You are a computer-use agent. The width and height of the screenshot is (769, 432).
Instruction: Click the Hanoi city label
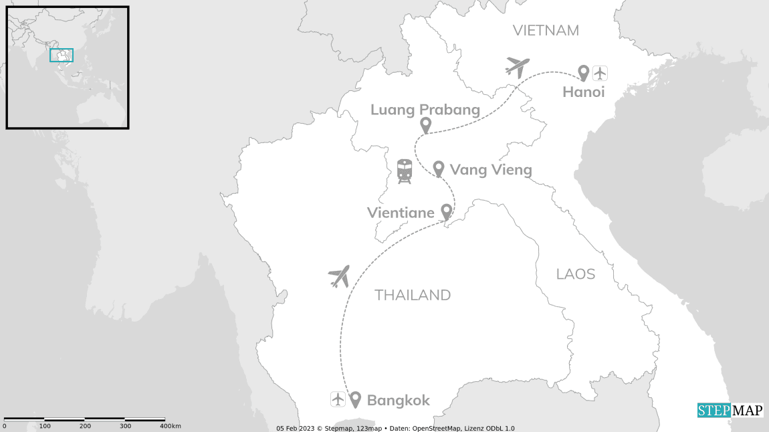click(x=583, y=92)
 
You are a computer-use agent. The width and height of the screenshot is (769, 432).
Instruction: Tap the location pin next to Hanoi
click(x=583, y=72)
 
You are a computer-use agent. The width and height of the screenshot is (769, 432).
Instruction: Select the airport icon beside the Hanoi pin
click(x=600, y=72)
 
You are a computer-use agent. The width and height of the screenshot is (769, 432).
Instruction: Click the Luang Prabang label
click(x=425, y=110)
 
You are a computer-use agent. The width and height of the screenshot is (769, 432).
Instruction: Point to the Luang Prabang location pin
click(x=425, y=125)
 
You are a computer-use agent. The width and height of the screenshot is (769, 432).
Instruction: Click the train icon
click(x=405, y=171)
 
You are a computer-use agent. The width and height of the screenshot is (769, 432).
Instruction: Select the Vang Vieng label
click(x=491, y=170)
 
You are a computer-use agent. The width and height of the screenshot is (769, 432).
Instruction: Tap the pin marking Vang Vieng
click(x=439, y=169)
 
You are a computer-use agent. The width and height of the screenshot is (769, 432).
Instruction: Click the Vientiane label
click(x=401, y=213)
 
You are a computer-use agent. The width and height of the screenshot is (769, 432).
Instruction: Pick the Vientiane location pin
click(x=446, y=212)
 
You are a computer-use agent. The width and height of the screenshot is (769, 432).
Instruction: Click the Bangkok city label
click(x=398, y=401)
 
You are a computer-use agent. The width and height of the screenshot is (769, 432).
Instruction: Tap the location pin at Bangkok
click(x=354, y=399)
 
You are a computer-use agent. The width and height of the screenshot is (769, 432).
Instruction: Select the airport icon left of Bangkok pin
click(x=338, y=399)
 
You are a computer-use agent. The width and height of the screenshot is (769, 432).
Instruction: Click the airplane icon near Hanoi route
click(x=518, y=66)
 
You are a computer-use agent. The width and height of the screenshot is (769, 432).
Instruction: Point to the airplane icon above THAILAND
click(x=340, y=276)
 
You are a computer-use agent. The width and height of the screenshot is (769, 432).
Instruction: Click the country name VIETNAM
click(x=545, y=30)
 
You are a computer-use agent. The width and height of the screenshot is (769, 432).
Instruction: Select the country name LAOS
click(x=575, y=274)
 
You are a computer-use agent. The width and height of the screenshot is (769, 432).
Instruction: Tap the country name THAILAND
click(x=413, y=295)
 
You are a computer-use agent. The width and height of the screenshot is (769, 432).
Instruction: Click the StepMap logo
click(x=730, y=410)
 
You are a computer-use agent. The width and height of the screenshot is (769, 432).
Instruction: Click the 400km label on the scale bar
click(x=171, y=426)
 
